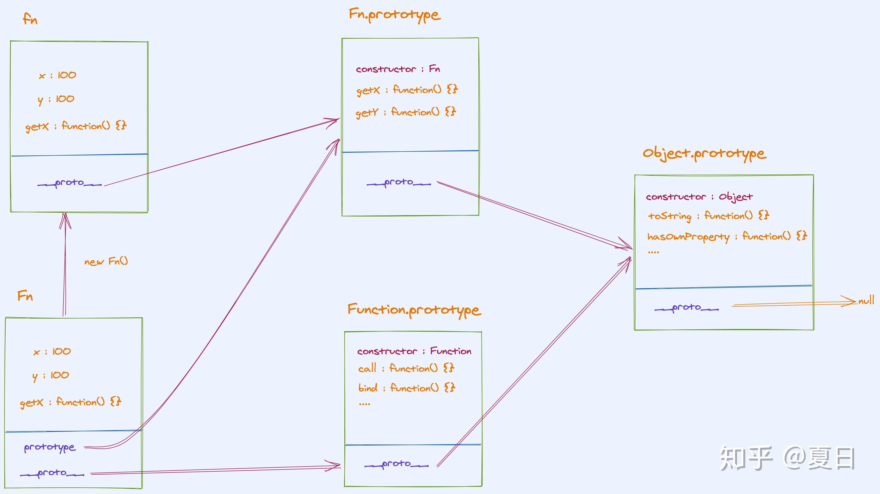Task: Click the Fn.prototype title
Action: tap(394, 15)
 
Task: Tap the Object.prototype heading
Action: tap(704, 153)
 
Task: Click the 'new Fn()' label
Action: tap(106, 262)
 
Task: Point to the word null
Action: tap(866, 301)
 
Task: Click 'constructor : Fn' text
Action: tap(398, 69)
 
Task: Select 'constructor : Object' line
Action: tap(699, 197)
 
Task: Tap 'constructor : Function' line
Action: tap(414, 351)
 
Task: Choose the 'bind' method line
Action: tap(406, 388)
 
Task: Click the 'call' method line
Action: tap(406, 368)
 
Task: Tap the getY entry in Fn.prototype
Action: tap(405, 112)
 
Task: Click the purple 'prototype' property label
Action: tap(50, 447)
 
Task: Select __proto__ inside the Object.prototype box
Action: tap(686, 308)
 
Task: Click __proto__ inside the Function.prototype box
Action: tap(396, 464)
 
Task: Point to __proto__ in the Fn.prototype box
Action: tap(399, 182)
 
